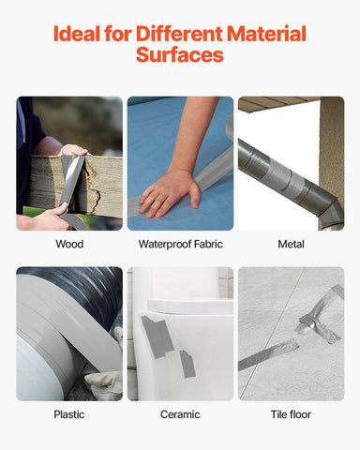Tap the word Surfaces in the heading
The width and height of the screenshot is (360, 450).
[180, 55]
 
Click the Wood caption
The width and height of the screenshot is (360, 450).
[69, 244]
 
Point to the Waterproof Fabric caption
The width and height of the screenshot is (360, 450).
[180, 244]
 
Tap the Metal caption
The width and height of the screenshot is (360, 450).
[291, 244]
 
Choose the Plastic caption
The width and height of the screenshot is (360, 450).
[69, 413]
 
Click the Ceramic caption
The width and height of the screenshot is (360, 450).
[180, 413]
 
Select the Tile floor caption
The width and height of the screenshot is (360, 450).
[291, 413]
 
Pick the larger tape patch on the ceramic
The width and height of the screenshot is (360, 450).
[157, 334]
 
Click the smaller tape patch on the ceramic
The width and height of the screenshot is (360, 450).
[187, 364]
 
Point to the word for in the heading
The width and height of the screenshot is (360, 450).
[119, 35]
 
